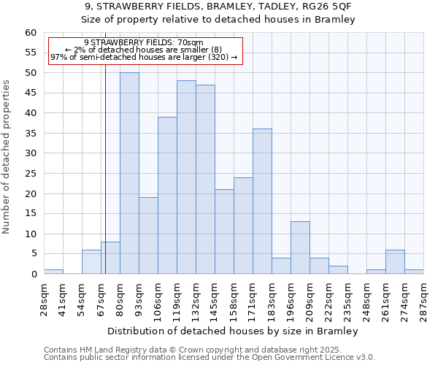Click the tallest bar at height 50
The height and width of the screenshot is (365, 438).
pyautogui.click(x=129, y=173)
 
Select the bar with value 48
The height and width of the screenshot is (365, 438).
pyautogui.click(x=186, y=177)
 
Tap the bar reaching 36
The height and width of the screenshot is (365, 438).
pyautogui.click(x=262, y=201)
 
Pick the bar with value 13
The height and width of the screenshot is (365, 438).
pyautogui.click(x=300, y=247)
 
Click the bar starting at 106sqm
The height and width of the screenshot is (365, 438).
pyautogui.click(x=167, y=196)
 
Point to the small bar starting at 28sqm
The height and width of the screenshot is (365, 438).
pyautogui.click(x=53, y=272)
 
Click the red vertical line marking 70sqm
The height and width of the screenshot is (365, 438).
pyautogui.click(x=105, y=182)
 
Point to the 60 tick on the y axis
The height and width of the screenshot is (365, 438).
pyautogui.click(x=31, y=33)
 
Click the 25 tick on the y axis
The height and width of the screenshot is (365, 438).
pyautogui.click(x=31, y=174)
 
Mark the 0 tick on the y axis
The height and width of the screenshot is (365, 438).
pyautogui.click(x=34, y=274)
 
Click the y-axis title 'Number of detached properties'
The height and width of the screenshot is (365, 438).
pyautogui.click(x=7, y=157)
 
